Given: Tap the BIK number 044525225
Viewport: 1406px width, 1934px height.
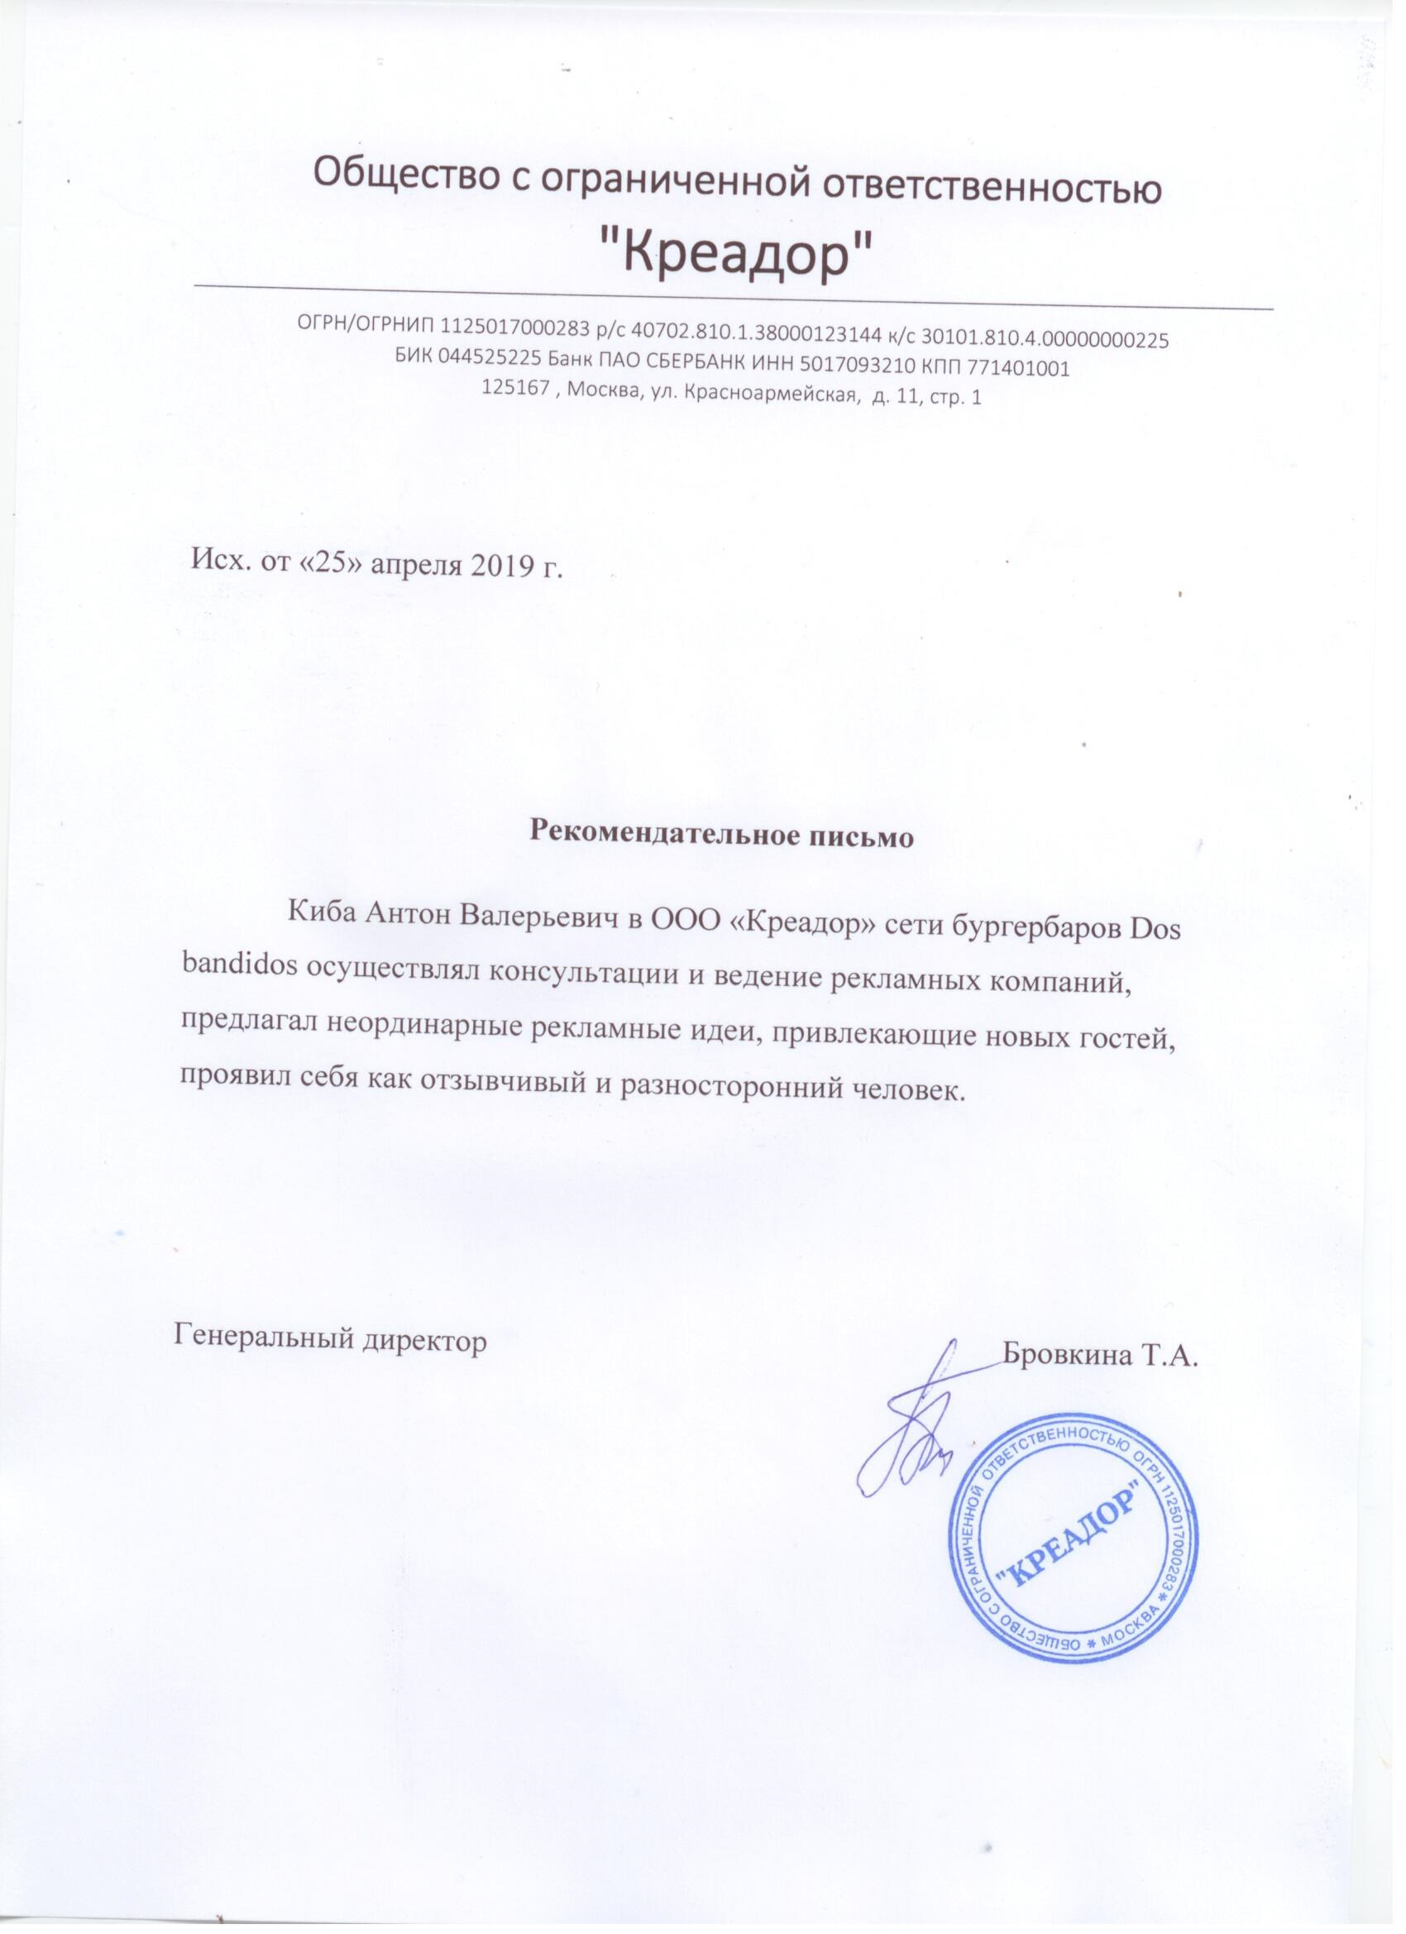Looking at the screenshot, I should coord(490,368).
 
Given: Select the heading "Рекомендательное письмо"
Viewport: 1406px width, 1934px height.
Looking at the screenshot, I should coord(722,834).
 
